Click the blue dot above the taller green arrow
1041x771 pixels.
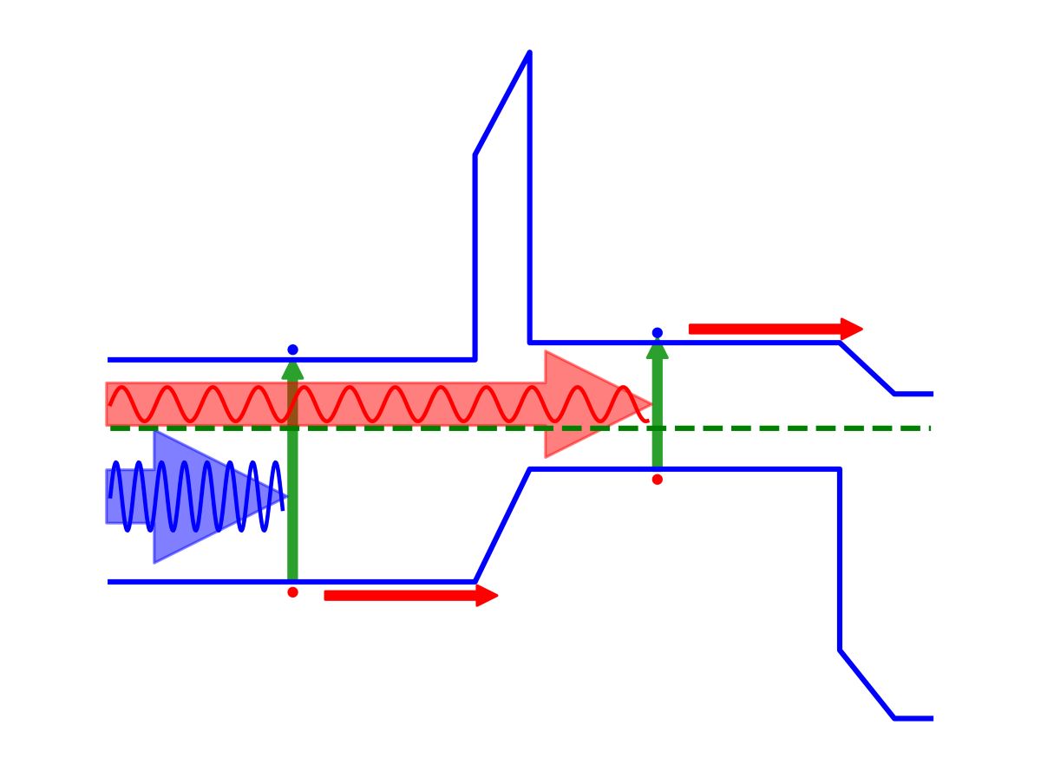point(292,350)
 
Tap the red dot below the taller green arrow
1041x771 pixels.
point(292,592)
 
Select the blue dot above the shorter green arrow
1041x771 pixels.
point(658,333)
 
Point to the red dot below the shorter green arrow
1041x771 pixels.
point(658,479)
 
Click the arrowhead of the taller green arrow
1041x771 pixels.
point(292,369)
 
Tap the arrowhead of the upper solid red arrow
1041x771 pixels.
point(852,329)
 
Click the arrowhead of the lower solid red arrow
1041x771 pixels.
point(487,595)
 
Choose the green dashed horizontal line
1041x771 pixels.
point(781,428)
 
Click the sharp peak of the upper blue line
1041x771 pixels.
point(529,53)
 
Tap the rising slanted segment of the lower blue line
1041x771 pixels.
point(502,526)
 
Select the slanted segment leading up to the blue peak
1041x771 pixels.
point(501,104)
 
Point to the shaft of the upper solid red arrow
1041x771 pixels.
point(763,329)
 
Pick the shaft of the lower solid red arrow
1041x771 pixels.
point(399,595)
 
